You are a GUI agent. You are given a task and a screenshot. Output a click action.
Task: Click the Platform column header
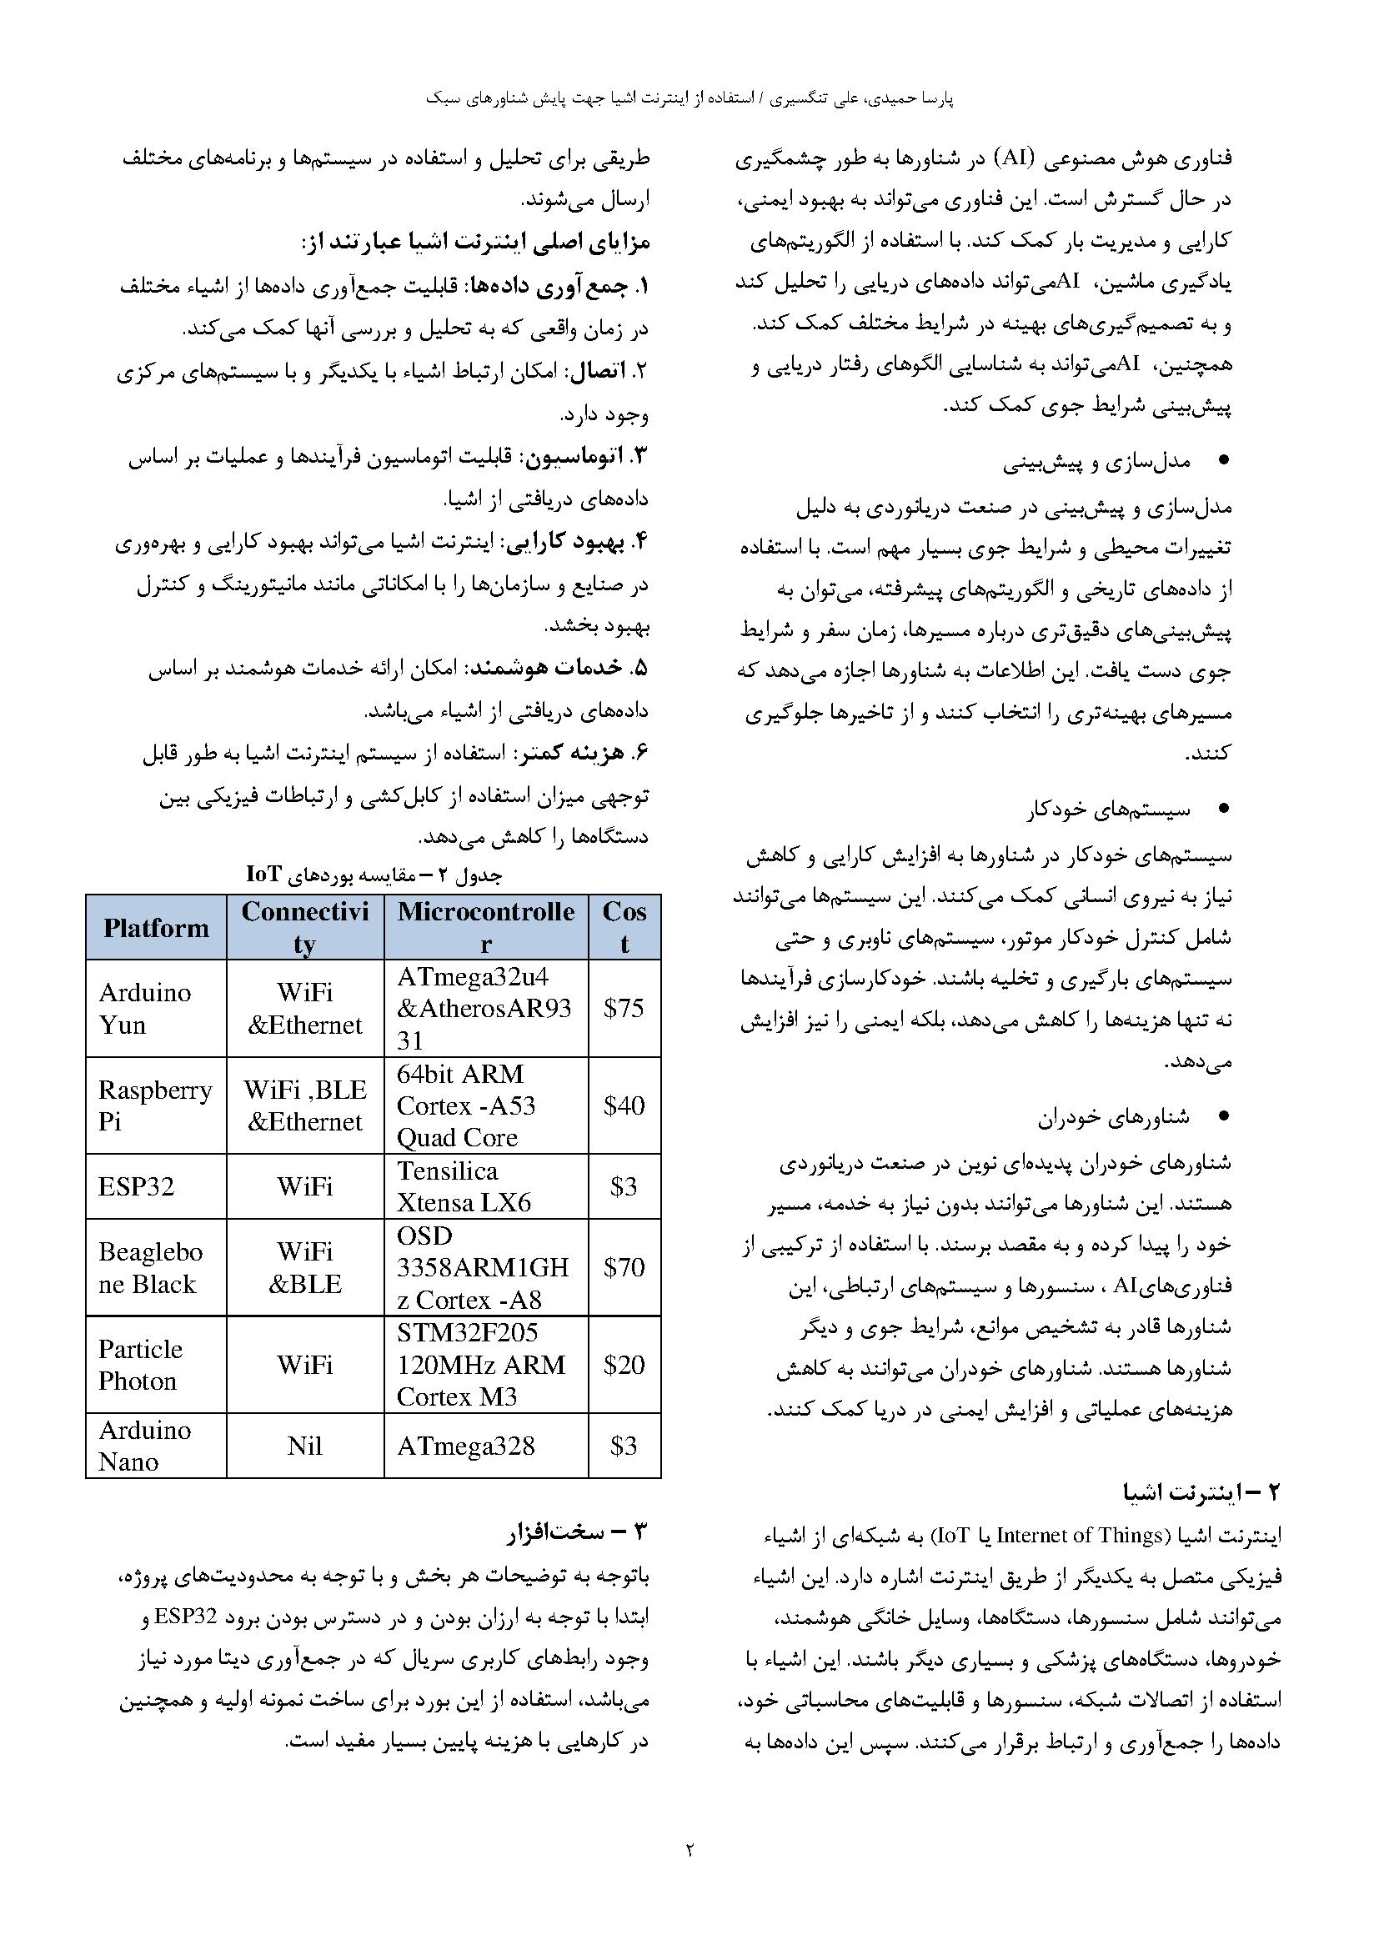pyautogui.click(x=155, y=927)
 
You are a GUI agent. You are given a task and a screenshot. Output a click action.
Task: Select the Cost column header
pyautogui.click(x=624, y=927)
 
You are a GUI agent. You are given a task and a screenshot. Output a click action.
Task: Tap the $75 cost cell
pyautogui.click(x=624, y=1008)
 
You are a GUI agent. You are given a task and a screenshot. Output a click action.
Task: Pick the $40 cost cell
pyautogui.click(x=624, y=1105)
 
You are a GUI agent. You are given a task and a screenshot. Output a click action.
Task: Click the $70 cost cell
pyautogui.click(x=624, y=1267)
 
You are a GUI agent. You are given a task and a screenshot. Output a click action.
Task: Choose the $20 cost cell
pyautogui.click(x=624, y=1365)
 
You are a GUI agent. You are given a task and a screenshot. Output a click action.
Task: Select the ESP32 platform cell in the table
pyautogui.click(x=136, y=1186)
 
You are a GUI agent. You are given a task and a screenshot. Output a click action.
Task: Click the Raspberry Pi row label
pyautogui.click(x=154, y=1105)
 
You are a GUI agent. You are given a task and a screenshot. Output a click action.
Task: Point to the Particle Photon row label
pyautogui.click(x=140, y=1365)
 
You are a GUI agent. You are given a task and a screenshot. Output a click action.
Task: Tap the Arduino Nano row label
pyautogui.click(x=144, y=1446)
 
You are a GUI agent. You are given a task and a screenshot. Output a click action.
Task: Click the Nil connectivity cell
pyautogui.click(x=305, y=1446)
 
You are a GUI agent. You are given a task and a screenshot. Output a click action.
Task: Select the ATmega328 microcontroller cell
pyautogui.click(x=465, y=1446)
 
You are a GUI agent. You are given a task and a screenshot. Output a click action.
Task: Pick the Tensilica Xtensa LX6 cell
pyautogui.click(x=464, y=1186)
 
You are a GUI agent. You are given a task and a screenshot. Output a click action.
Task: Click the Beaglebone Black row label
pyautogui.click(x=150, y=1267)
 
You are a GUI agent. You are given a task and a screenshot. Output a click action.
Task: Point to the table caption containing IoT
pyautogui.click(x=374, y=874)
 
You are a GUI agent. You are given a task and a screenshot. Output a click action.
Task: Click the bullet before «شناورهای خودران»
pyautogui.click(x=1224, y=1118)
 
